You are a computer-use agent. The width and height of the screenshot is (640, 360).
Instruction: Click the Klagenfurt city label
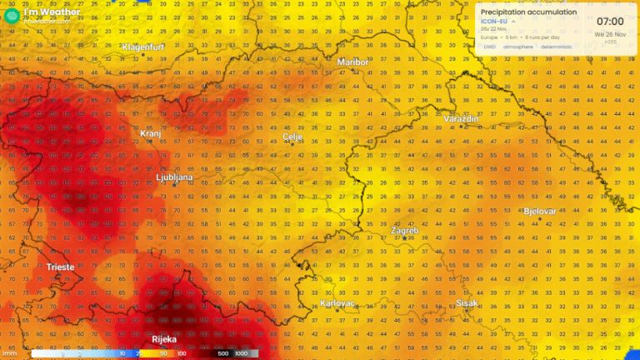[x=146, y=47]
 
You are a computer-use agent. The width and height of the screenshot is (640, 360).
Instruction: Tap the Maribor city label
[x=352, y=62]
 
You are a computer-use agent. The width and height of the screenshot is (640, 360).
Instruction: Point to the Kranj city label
[x=150, y=132]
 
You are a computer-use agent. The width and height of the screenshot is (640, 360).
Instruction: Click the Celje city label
[x=292, y=136]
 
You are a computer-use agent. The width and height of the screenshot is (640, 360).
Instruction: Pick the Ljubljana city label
[x=175, y=177]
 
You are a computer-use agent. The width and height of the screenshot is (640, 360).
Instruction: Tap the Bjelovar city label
[x=540, y=211]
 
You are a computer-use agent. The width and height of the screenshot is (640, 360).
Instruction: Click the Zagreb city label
[x=405, y=230]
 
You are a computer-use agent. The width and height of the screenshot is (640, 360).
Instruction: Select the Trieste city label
[x=61, y=267]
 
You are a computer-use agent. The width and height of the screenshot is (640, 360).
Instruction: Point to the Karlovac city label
[x=337, y=303]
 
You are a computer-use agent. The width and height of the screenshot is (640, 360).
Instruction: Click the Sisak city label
[x=467, y=303]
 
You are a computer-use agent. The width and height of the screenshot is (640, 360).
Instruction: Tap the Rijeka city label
[x=164, y=339]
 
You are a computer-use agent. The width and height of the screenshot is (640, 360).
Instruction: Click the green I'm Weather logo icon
[x=11, y=15]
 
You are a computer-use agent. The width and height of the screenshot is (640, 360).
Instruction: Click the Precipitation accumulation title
[x=528, y=12]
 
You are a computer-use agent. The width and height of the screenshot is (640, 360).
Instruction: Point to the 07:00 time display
[x=610, y=20]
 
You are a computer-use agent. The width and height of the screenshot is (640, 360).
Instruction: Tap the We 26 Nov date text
[x=610, y=34]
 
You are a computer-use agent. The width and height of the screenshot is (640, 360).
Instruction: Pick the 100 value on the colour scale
[x=181, y=353]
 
